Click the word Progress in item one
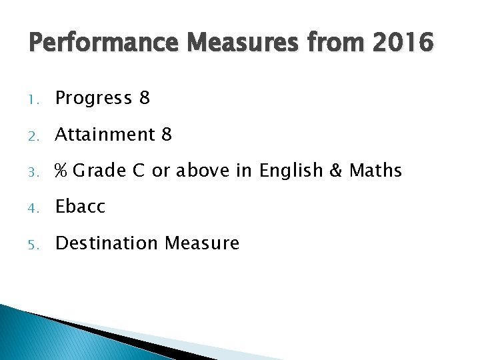click(94, 99)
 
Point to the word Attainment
click(105, 135)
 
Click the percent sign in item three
click(61, 171)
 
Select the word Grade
click(99, 171)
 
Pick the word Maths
click(376, 171)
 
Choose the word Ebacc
click(80, 207)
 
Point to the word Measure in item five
click(201, 243)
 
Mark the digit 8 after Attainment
click(167, 135)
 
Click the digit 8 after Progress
click(145, 99)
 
